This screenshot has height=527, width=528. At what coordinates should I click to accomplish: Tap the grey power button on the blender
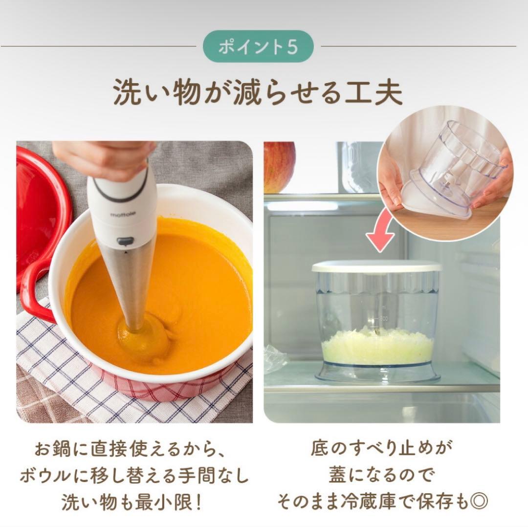[x=125, y=241]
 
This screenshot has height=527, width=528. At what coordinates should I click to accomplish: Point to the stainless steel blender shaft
[x=132, y=284]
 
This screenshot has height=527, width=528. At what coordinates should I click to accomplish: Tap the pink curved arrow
[x=381, y=229]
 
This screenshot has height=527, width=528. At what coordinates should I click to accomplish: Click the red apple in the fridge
[x=279, y=166]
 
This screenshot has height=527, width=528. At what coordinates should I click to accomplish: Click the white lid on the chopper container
[x=376, y=266]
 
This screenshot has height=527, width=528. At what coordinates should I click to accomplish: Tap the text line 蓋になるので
[x=381, y=476]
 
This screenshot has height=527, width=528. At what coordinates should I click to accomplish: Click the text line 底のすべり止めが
[x=382, y=449]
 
